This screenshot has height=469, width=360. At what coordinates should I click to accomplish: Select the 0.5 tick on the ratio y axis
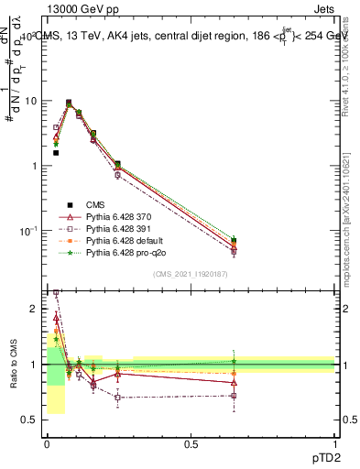(32, 420)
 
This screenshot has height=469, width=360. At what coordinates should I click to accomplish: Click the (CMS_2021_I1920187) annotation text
(190, 274)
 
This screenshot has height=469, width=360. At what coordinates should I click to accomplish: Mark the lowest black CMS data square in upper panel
(56, 153)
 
